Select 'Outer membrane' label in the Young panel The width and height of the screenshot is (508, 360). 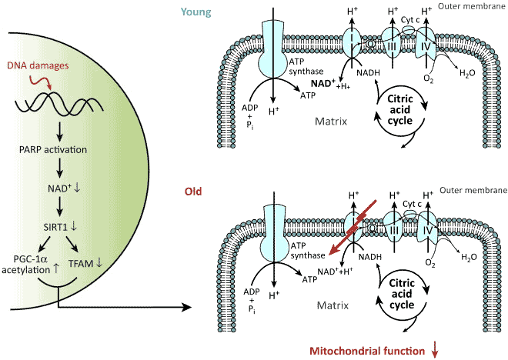pyautogui.click(x=476, y=7)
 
